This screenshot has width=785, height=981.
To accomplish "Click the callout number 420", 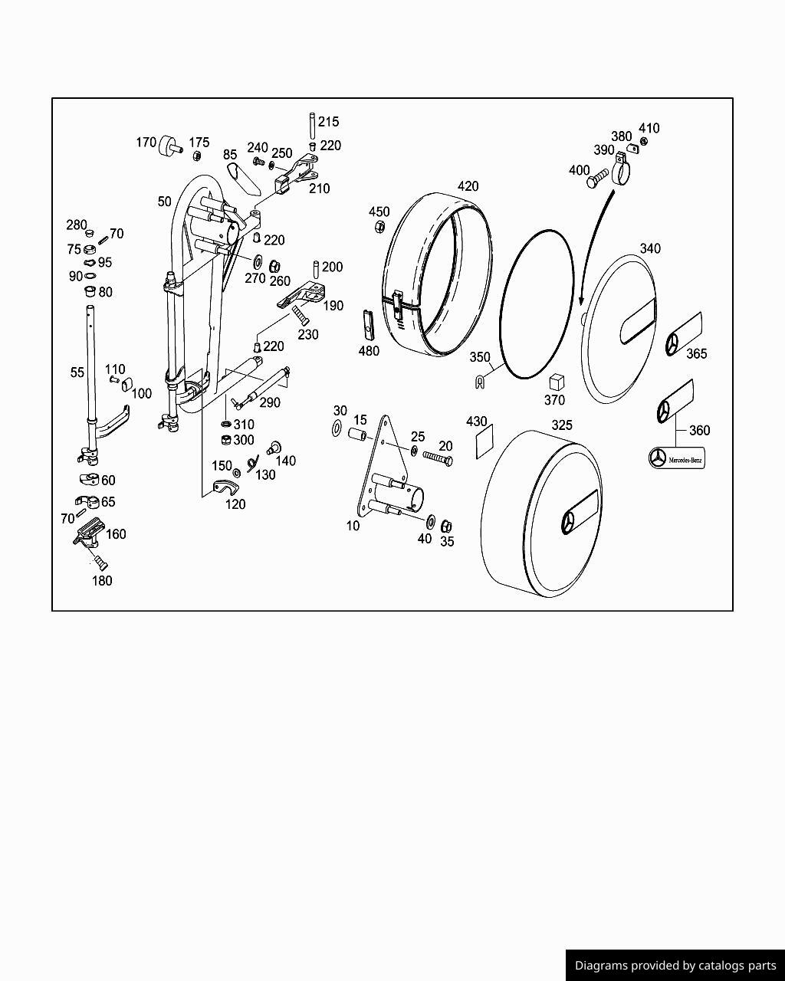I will (468, 186).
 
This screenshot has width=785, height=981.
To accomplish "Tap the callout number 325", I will (562, 425).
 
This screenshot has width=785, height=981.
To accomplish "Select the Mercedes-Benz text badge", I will (676, 458).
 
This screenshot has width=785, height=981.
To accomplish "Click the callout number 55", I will (77, 372).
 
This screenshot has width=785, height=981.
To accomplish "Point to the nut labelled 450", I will (379, 227).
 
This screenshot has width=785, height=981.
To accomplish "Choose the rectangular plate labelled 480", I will (368, 324).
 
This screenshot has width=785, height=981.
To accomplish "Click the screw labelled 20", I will (438, 458).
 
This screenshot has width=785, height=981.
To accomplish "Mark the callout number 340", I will (650, 248).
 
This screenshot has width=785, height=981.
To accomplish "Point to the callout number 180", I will (102, 580).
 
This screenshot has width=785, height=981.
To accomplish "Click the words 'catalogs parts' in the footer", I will (735, 965).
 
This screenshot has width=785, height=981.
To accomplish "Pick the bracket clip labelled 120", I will (223, 487).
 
